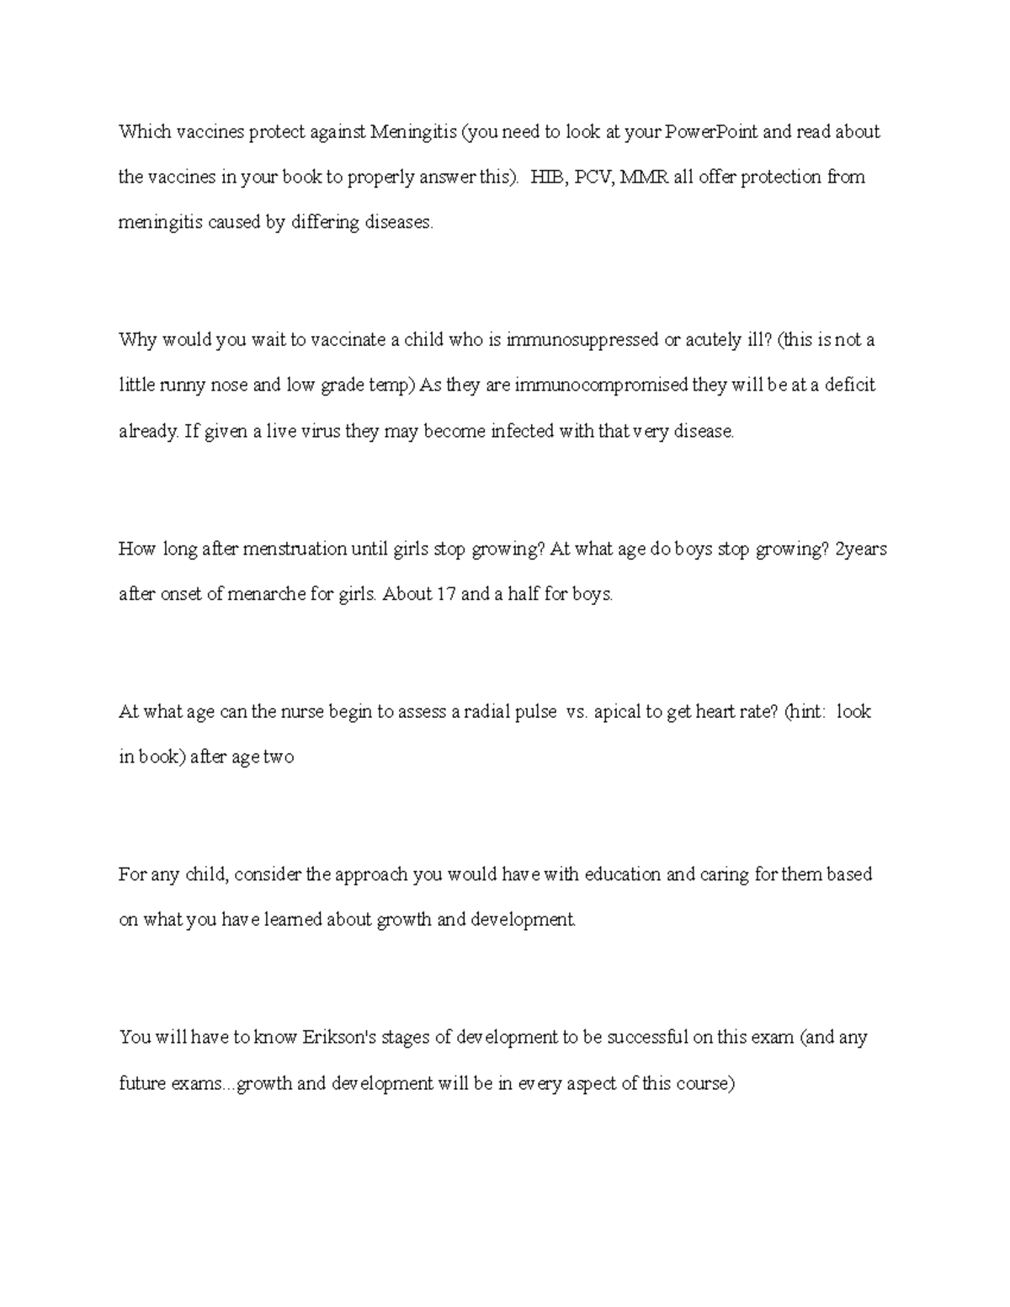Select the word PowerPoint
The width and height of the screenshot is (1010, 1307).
coord(711,132)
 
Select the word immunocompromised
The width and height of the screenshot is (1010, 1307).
coord(600,385)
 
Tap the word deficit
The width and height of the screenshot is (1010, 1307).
coord(849,385)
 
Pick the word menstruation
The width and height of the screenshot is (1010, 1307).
coord(293,550)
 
